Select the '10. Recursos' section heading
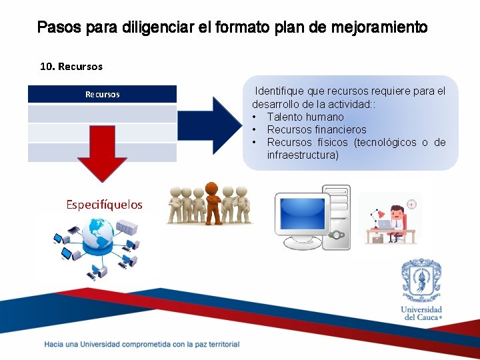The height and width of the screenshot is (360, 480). click(x=71, y=67)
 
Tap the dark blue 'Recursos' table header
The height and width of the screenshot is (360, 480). click(x=102, y=94)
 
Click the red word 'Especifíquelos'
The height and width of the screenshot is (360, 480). click(x=104, y=205)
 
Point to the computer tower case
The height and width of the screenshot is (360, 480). click(x=337, y=217)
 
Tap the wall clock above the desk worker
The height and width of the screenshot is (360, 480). click(x=412, y=204)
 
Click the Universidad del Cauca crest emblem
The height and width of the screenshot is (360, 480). click(x=421, y=281)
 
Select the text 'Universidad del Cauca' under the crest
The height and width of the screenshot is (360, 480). click(x=421, y=313)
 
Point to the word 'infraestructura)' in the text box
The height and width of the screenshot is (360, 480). click(x=303, y=155)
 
